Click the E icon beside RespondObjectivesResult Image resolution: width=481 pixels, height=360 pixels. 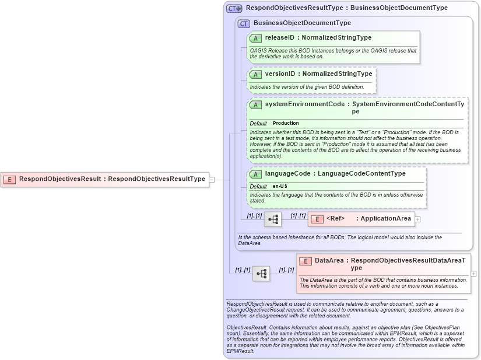[9, 179]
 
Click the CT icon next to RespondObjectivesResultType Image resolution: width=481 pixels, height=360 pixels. [234, 9]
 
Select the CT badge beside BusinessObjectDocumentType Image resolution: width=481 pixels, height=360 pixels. [244, 23]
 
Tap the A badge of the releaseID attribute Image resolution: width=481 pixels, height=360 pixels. [255, 38]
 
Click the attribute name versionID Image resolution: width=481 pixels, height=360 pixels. [280, 74]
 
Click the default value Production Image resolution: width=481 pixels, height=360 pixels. [286, 123]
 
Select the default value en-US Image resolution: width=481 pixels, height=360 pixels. [280, 186]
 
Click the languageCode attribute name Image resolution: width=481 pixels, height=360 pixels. [287, 174]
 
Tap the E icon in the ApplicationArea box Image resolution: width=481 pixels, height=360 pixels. [317, 219]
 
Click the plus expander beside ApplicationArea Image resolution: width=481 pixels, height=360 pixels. [417, 219]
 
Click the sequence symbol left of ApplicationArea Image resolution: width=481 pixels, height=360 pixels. [272, 219]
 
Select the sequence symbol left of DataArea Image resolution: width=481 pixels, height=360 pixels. [261, 273]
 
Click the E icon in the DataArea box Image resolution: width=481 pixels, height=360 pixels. [306, 261]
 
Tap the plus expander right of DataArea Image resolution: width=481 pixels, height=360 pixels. [473, 273]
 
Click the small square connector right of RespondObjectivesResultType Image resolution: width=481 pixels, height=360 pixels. [212, 179]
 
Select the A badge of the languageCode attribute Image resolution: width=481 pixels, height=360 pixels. [255, 174]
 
